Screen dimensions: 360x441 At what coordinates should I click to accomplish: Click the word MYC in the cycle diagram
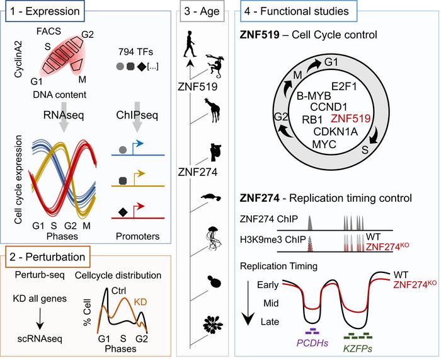336,145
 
